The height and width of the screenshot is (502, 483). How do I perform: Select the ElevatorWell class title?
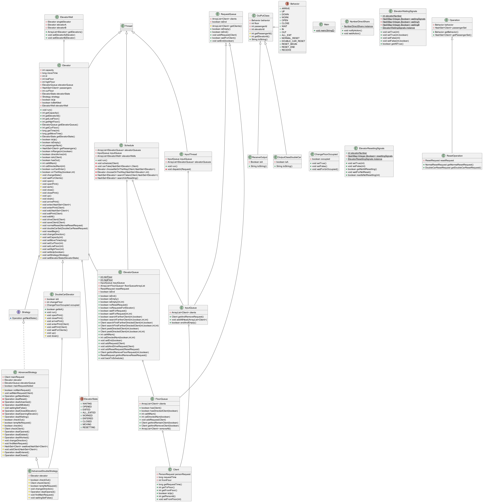click(x=66, y=17)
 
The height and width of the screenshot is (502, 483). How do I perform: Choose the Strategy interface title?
click(x=26, y=312)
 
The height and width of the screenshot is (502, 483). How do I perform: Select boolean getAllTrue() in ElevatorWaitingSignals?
click(x=393, y=44)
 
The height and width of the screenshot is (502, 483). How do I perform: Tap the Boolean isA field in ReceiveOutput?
click(x=257, y=162)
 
